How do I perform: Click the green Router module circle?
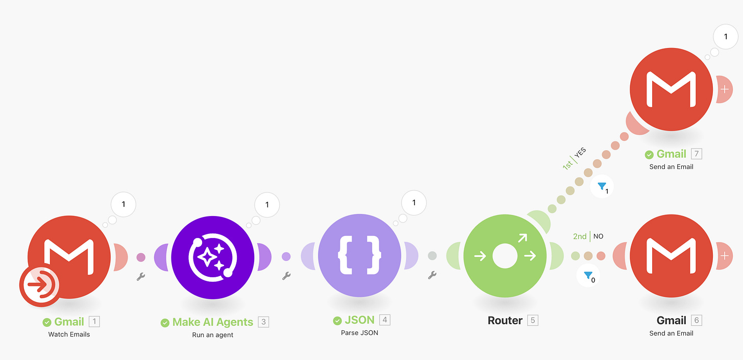[505, 255]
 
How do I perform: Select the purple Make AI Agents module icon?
[212, 255]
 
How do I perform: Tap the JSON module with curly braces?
[359, 255]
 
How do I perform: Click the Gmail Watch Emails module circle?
[69, 255]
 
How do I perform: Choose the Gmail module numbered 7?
[671, 89]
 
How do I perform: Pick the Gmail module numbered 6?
[671, 255]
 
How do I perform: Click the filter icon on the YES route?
[602, 187]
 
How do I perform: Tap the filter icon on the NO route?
[589, 276]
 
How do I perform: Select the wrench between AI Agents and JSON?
[287, 276]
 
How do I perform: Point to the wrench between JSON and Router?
[432, 275]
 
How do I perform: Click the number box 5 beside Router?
[533, 321]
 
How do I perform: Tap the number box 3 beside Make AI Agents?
[263, 322]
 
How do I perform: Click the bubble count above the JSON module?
[414, 203]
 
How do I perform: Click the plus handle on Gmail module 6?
[725, 255]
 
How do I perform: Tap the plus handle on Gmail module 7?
[724, 89]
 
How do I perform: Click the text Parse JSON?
[359, 333]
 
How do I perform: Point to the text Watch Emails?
[69, 334]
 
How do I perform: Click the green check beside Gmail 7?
[649, 154]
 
